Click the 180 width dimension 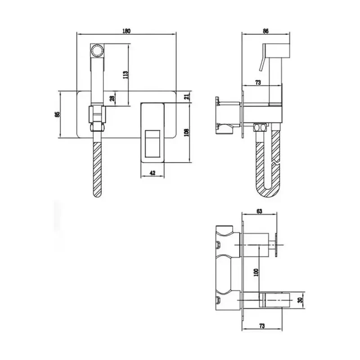click(126, 31)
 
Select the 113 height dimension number click(126, 75)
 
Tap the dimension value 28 click(112, 98)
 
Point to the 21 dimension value click(187, 96)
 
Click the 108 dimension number click(186, 132)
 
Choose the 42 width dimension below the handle click(153, 173)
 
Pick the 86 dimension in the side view click(265, 31)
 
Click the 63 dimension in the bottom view click(259, 211)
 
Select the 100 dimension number click(256, 272)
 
